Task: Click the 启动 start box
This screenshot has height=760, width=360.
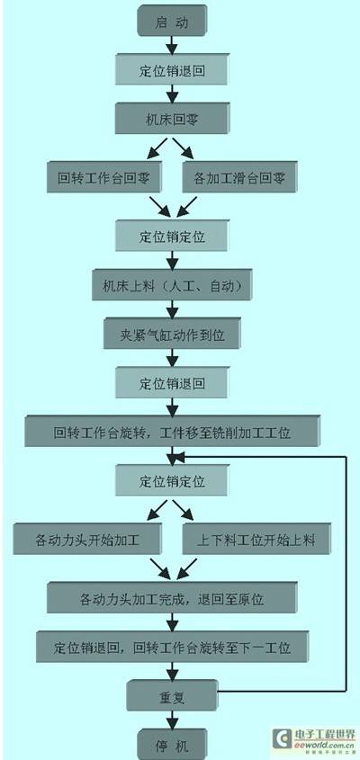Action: point(172,21)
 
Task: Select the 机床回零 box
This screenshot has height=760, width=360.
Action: point(172,118)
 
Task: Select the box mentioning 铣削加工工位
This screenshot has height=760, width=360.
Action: point(172,431)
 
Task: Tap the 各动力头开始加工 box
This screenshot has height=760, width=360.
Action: point(87,538)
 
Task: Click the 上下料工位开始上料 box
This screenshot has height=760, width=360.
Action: point(257,538)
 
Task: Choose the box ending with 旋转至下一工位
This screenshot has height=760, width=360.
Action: point(172,646)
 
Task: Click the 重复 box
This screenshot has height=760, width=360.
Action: point(172,695)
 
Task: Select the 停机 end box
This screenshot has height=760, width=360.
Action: point(172,743)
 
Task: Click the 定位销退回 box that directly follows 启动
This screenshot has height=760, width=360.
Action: point(172,69)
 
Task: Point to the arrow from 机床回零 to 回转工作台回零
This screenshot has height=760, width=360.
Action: point(157,148)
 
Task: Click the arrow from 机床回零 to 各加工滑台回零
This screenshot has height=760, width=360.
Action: point(184,148)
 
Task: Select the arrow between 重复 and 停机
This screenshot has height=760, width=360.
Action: point(172,720)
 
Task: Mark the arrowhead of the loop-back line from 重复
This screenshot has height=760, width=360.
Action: point(179,456)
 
